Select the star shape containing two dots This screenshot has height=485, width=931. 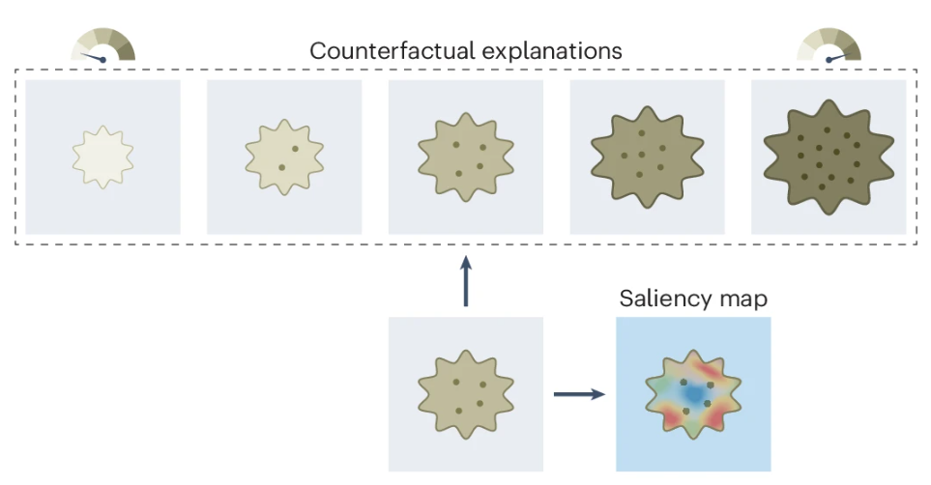(x=284, y=157)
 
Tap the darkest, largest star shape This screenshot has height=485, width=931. (x=828, y=157)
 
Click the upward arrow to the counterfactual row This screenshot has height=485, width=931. (x=465, y=281)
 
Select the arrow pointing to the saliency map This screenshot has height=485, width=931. (x=578, y=394)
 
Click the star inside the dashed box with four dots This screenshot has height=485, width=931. (x=465, y=157)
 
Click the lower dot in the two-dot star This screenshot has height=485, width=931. (x=281, y=167)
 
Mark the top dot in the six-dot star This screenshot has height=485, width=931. (x=640, y=132)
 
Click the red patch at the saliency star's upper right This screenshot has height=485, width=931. (x=716, y=372)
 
